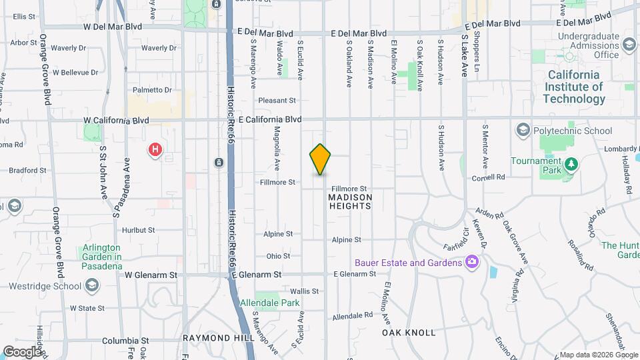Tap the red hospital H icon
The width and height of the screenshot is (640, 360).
pyautogui.click(x=155, y=149)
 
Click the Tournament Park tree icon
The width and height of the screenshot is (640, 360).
pyautogui.click(x=570, y=164)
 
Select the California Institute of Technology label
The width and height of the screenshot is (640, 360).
pyautogui.click(x=574, y=87)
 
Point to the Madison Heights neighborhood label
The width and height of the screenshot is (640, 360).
pyautogui.click(x=349, y=201)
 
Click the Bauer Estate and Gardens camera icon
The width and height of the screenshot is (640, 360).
pyautogui.click(x=473, y=262)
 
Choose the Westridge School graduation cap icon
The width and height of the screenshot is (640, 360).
pyautogui.click(x=91, y=286)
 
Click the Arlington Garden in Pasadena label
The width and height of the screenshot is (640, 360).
pyautogui.click(x=101, y=257)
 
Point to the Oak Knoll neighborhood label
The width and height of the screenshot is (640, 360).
pyautogui.click(x=409, y=332)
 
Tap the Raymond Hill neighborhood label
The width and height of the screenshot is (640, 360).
pyautogui.click(x=219, y=339)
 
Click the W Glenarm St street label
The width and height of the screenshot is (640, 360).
pyautogui.click(x=151, y=274)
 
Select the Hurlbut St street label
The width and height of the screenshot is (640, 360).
pyautogui.click(x=139, y=230)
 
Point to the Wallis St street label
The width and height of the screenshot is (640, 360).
pyautogui.click(x=305, y=291)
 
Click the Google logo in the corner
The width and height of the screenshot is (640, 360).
pyautogui.click(x=22, y=351)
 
